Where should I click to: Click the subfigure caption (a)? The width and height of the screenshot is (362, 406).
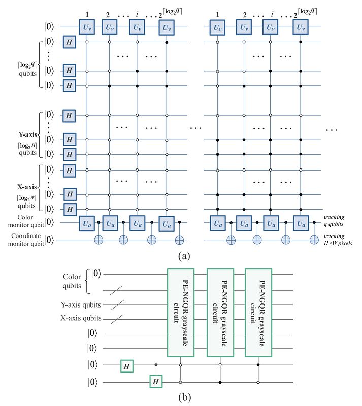tap(184, 256)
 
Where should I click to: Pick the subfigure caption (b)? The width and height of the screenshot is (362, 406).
tap(184, 397)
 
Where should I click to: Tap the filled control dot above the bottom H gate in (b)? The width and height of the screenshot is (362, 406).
tap(155, 364)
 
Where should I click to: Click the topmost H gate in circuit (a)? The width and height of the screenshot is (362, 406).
tap(69, 42)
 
